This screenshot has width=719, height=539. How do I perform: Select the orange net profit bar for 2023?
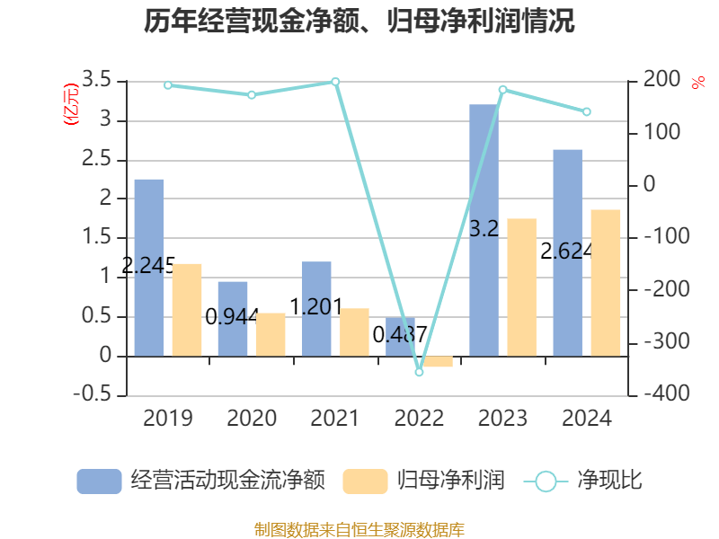coord(521,287)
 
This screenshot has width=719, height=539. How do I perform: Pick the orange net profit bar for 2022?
coord(438,361)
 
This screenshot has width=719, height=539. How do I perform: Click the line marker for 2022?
coord(419,371)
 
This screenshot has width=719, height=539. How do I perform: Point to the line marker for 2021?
coord(335,82)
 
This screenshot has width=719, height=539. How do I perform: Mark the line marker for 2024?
coord(586,112)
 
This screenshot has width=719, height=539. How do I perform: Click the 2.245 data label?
coord(148,266)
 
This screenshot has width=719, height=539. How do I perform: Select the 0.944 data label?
coord(232,316)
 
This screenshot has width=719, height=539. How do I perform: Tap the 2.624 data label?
coord(566,251)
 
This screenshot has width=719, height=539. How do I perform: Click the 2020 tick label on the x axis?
coord(251,419)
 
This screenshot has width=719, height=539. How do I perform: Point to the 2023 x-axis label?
coord(502,419)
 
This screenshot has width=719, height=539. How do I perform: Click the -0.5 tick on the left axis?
coord(97,395)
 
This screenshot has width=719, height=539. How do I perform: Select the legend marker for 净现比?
coord(546,482)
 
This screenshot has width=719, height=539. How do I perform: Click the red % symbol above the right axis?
coord(698,84)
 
